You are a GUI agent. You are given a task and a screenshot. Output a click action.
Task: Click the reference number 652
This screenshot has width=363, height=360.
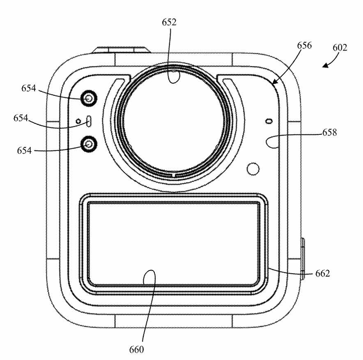click(169, 22)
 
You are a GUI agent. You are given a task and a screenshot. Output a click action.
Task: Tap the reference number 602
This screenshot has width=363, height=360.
click(340, 48)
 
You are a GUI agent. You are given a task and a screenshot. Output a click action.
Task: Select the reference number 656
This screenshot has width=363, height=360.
click(304, 45)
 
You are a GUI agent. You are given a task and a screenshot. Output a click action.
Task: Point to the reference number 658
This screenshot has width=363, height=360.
click(329, 132)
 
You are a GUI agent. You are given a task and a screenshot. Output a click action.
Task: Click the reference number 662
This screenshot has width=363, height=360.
click(322, 274)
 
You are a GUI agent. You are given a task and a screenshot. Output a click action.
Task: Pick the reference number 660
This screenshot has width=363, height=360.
click(136, 349)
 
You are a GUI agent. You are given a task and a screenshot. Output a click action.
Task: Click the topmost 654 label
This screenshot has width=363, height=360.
click(29, 88)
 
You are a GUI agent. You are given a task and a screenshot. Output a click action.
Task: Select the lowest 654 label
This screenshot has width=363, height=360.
click(24, 150)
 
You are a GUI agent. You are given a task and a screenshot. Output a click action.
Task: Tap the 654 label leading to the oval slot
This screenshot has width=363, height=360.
click(21, 118)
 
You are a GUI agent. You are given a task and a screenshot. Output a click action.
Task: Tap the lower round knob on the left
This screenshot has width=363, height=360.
click(89, 145)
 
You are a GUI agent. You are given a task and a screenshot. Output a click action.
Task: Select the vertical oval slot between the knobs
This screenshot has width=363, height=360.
click(89, 121)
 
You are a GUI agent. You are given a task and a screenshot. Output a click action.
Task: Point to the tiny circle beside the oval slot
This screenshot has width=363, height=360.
click(78, 121)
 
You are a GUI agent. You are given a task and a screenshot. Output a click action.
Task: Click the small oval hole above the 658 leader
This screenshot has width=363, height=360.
click(269, 121)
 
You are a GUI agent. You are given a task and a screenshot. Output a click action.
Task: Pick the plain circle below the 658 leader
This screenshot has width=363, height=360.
click(253, 169)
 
